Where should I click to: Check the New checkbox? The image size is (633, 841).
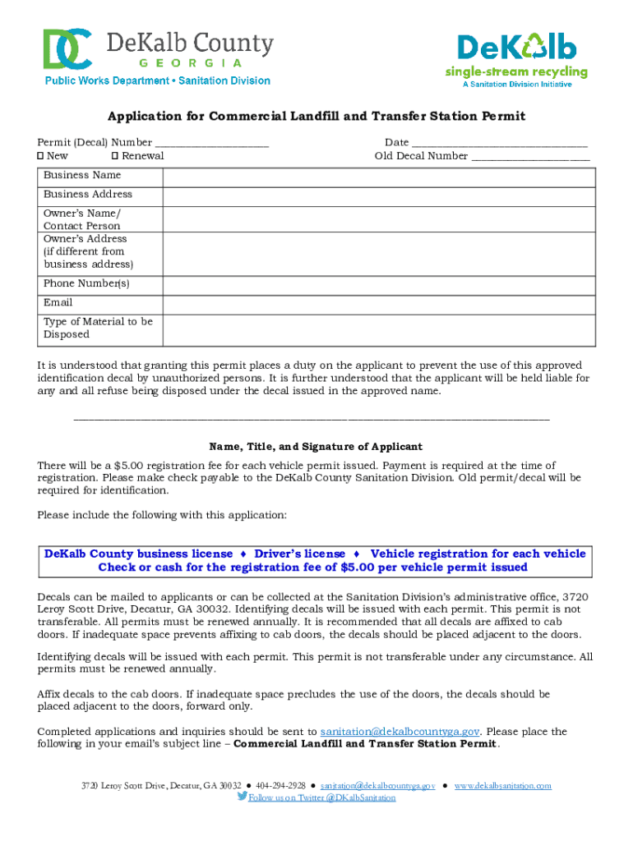pos(40,156)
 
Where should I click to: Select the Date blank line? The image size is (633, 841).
pos(499,144)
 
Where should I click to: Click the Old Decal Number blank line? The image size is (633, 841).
pos(530,156)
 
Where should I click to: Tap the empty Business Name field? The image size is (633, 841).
pos(379,177)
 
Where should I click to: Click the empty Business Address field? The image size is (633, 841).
pos(379,195)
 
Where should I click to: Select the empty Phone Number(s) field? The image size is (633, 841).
pos(379,285)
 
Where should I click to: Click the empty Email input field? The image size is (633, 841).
pos(379,304)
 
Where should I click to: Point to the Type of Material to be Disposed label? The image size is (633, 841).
pos(98,329)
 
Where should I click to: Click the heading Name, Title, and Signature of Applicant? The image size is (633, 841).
pos(316,447)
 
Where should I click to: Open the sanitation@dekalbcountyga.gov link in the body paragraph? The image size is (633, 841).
pos(400,732)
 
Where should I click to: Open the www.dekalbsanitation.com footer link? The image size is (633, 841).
pos(502,786)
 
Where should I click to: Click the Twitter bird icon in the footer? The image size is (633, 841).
pos(242,797)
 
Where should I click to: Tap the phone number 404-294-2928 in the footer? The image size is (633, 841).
pos(280,786)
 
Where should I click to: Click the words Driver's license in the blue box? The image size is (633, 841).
pos(299,554)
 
